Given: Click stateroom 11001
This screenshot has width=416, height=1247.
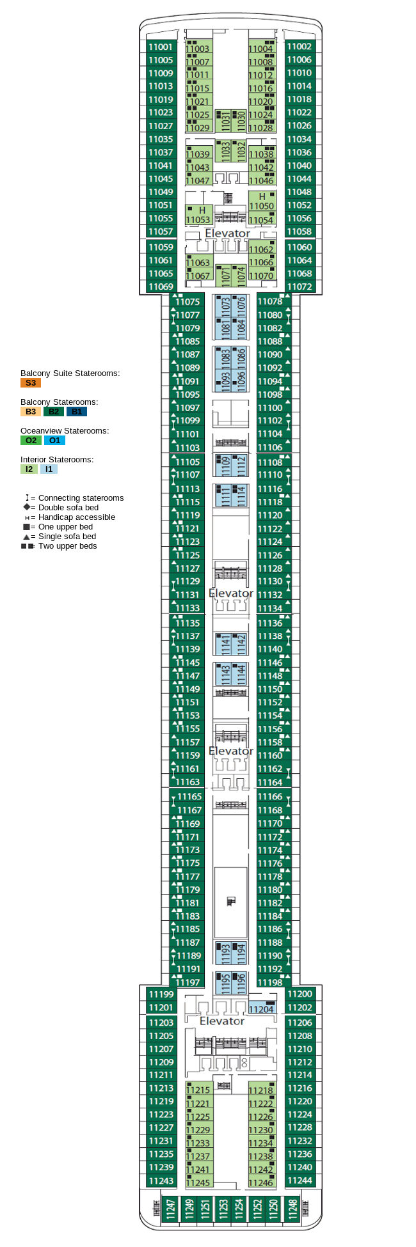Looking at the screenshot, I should pos(160,47).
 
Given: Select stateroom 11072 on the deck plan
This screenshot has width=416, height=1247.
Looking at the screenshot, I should pos(299,286).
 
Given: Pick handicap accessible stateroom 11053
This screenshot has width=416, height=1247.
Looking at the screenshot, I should pos(198,216).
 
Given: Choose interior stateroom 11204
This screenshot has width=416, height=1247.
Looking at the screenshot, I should pos(261,1008).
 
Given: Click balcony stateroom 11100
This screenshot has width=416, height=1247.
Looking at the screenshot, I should pos(270,407).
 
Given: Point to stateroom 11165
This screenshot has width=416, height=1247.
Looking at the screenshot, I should pos(189,796).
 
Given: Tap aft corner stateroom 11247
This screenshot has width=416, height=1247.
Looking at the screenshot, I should pos(170,1209).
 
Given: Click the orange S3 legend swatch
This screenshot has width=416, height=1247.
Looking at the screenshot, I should pos(30,383).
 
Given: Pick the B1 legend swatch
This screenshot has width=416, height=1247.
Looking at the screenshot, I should pos(76,412).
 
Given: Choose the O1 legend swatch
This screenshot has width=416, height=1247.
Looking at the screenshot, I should pos(54,441).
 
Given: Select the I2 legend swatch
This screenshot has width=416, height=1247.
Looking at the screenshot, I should pos(29,469).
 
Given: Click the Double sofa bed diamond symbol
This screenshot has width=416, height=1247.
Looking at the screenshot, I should pos(26,507).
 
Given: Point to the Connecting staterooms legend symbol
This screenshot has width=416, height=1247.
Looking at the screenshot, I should pos(27,498).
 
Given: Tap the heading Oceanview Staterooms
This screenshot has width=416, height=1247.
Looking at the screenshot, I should pos(64,430).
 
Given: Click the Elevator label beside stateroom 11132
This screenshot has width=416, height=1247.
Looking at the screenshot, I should pos(230,593).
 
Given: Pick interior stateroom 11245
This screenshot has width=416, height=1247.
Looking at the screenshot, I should pos(198,1182).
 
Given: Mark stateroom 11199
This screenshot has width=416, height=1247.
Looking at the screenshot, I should pos(161,994).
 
